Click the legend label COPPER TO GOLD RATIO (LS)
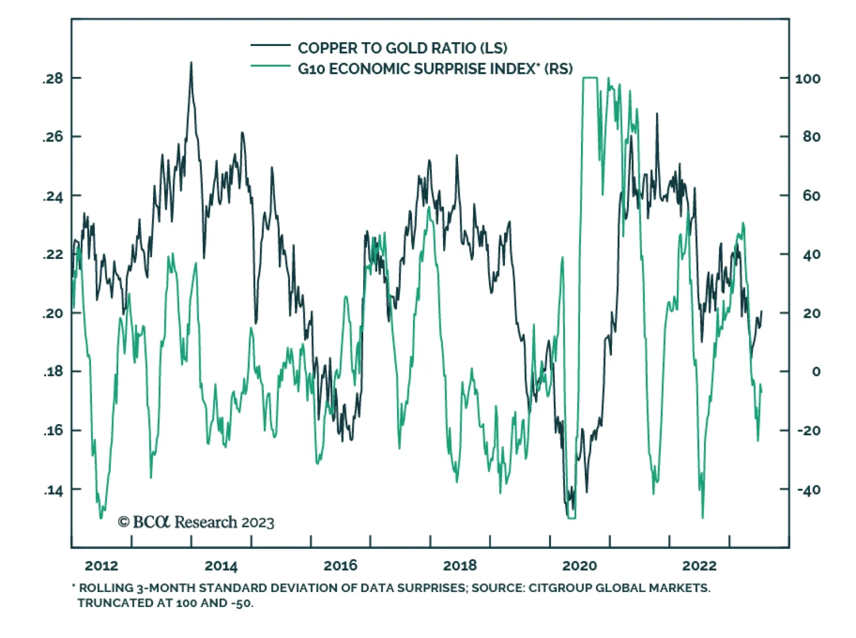402,48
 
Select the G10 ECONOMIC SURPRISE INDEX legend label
435,69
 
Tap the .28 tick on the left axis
52,79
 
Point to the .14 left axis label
52,490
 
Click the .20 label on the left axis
52,313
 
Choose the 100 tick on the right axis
807,79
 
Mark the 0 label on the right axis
816,372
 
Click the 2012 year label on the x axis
101,566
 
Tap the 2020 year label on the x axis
579,566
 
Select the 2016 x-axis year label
340,566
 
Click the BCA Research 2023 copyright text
196,522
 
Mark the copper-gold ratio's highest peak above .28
191,63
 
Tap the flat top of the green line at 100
590,78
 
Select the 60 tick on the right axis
811,196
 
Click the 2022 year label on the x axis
699,566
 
